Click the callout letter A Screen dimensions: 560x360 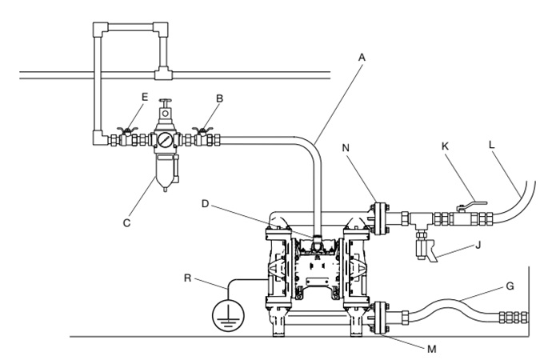click(362, 58)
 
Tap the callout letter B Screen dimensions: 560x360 click(220, 98)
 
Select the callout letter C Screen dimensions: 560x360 click(126, 223)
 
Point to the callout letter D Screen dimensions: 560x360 click(205, 204)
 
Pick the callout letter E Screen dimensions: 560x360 click(145, 97)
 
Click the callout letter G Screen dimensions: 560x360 click(510, 286)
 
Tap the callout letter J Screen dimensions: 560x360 click(478, 245)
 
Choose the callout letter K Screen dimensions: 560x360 click(445, 146)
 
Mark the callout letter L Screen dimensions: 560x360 click(492, 145)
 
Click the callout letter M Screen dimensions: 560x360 click(431, 349)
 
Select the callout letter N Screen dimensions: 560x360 click(346, 148)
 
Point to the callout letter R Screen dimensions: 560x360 click(187, 278)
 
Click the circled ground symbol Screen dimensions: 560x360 click(228, 316)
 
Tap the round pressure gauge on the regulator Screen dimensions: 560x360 click(165, 140)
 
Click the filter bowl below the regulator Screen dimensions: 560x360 click(165, 173)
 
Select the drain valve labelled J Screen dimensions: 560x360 click(426, 250)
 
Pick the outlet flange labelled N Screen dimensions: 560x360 click(380, 218)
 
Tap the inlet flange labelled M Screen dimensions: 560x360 click(380, 318)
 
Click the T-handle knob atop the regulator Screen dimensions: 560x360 click(165, 102)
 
